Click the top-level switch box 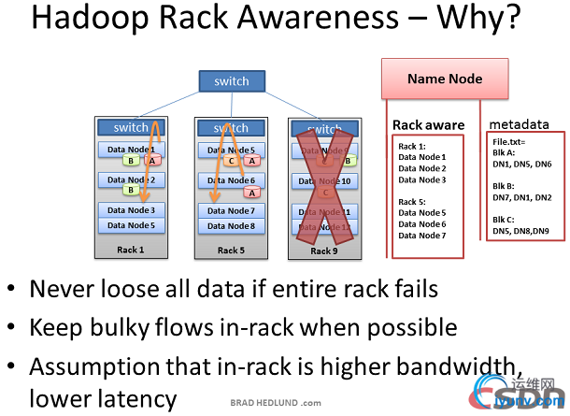[231, 80]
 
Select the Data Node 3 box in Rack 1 [131, 210]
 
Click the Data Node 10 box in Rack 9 [325, 181]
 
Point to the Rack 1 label [129, 250]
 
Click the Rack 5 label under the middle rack [230, 250]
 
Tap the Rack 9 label [324, 250]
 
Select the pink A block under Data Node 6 [250, 193]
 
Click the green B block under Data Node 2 [131, 191]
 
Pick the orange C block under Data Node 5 [230, 161]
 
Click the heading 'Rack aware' [428, 125]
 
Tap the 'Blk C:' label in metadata [506, 219]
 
